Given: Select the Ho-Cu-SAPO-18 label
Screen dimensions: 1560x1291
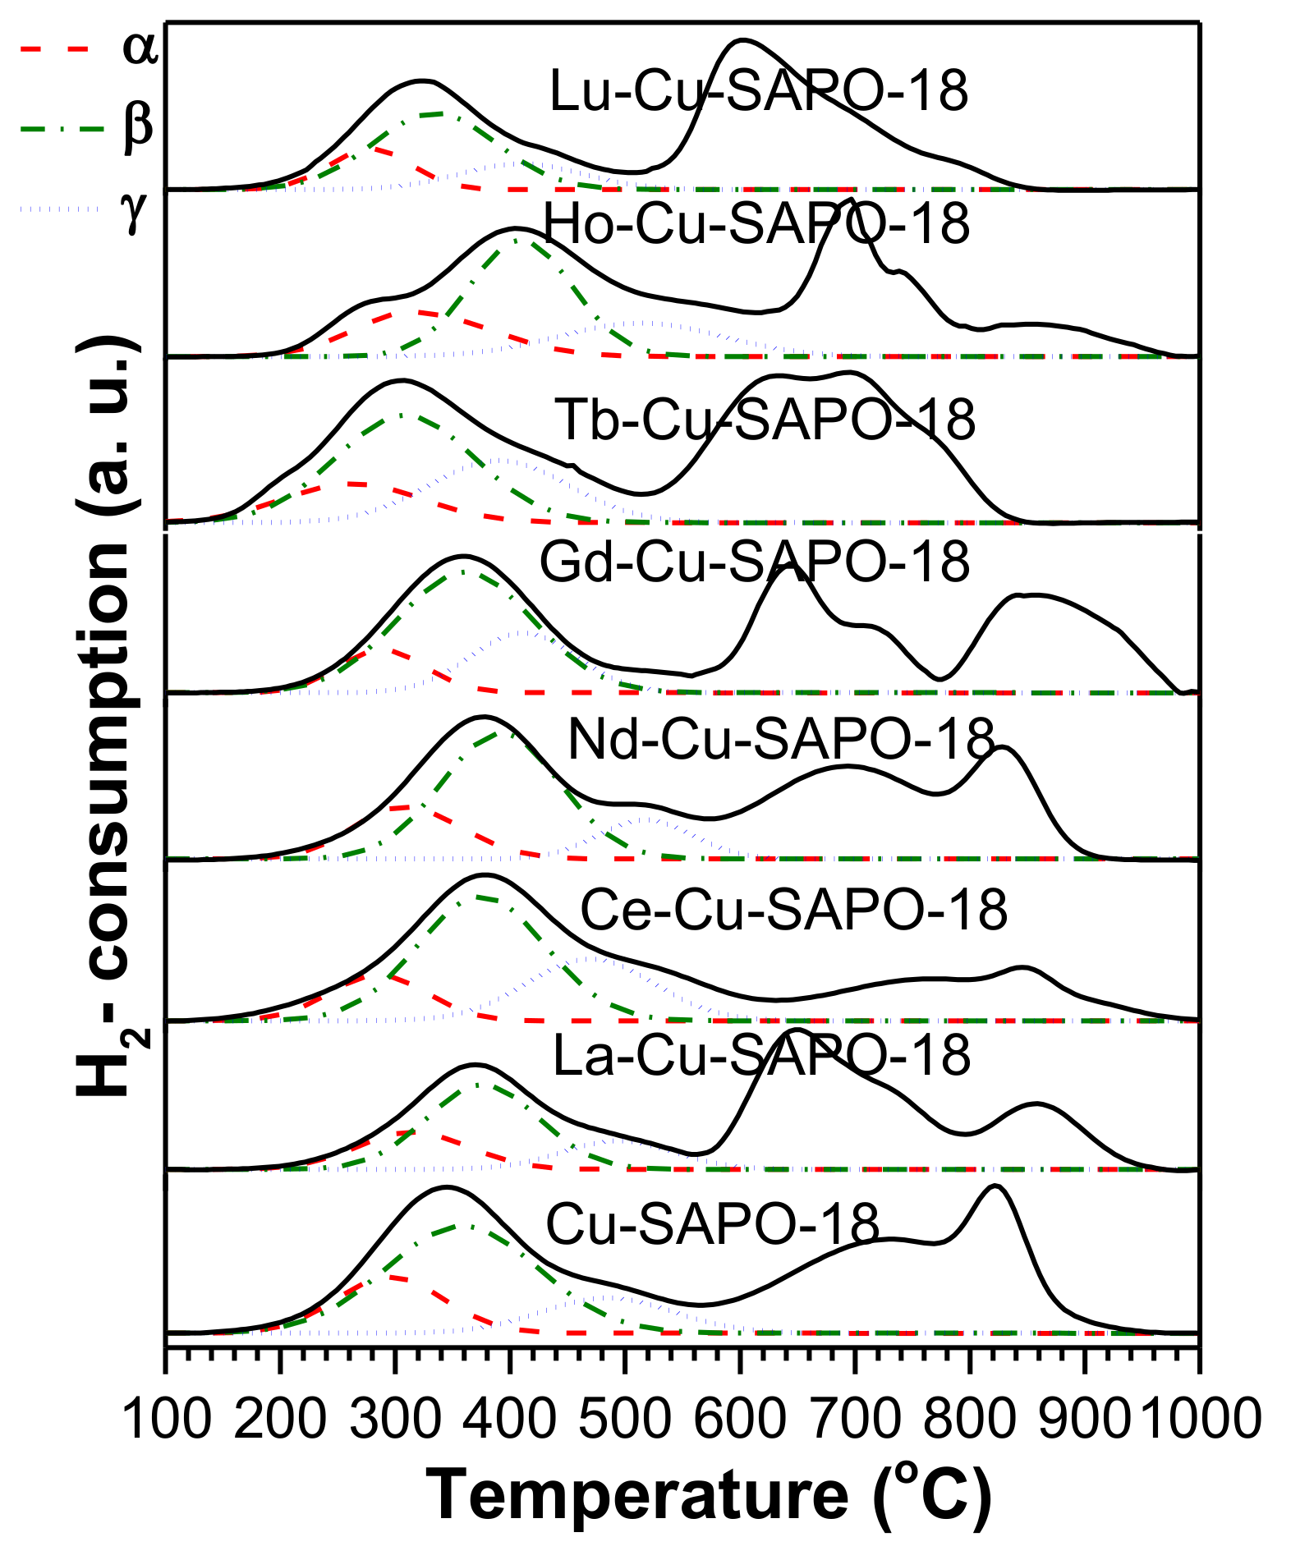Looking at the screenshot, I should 756,223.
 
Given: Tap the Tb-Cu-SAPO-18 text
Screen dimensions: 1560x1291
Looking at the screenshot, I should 765,420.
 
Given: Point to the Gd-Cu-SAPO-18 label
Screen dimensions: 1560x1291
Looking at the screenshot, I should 754,562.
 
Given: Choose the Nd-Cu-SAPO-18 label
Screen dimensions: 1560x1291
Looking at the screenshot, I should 780,739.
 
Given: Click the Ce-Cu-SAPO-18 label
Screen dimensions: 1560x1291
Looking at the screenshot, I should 793,910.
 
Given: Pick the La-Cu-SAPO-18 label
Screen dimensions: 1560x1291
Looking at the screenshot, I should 761,1055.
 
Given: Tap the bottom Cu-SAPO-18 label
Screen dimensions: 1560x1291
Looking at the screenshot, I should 712,1224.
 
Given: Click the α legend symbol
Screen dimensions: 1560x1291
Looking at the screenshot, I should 139,48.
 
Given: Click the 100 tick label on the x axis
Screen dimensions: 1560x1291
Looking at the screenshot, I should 167,1419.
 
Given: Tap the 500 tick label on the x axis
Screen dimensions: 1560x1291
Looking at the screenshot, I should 626,1419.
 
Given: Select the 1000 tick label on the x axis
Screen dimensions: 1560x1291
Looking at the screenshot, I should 1200,1419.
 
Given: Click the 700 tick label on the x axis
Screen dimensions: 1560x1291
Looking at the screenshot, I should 856,1419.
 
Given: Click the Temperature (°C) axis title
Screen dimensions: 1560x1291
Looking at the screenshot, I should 709,1496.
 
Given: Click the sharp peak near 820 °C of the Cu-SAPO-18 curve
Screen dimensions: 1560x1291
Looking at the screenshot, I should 995,1186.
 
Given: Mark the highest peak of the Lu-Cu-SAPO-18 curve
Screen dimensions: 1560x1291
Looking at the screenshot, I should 742,39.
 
